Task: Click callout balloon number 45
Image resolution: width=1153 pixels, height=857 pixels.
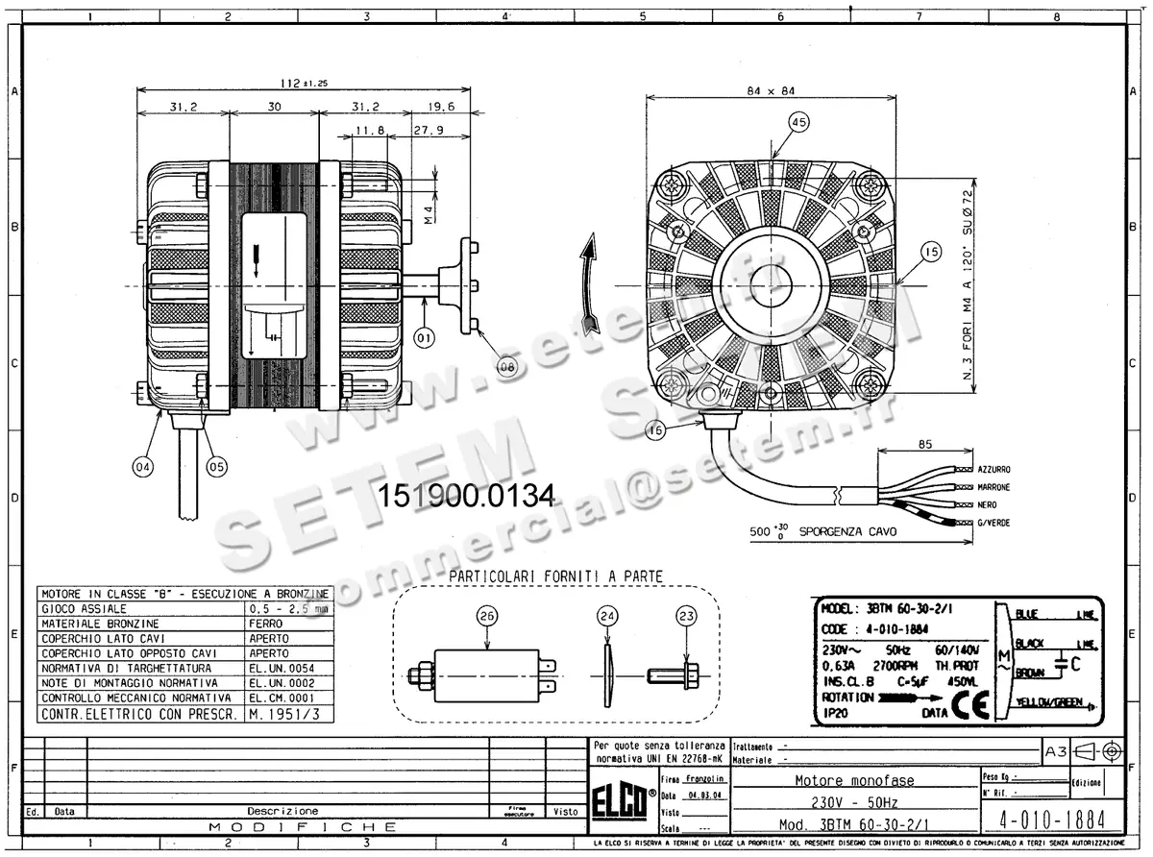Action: (x=798, y=122)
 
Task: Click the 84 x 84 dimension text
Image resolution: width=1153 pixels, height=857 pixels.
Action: (x=771, y=91)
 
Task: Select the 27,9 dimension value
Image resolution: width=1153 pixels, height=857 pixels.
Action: (x=428, y=130)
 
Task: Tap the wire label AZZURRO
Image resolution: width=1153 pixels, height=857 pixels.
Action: (x=994, y=469)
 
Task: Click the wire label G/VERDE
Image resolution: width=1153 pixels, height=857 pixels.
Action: (x=993, y=523)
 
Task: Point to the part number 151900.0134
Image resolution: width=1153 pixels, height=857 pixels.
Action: (x=467, y=497)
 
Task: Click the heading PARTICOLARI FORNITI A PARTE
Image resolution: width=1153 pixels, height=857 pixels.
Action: (x=555, y=575)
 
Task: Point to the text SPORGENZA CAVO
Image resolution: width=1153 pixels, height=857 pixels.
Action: (x=850, y=530)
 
